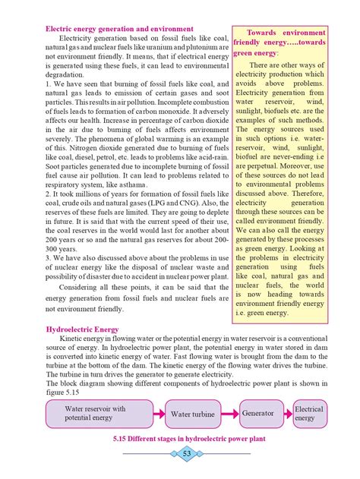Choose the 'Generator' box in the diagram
click(258, 414)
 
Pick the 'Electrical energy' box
click(309, 414)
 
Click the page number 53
click(187, 453)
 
